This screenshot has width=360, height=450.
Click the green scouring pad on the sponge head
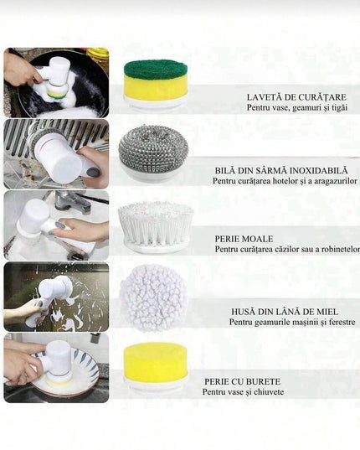pos(156,70)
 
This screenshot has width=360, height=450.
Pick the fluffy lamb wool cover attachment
pos(154,297)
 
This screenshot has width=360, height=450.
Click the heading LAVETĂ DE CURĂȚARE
pos(296,97)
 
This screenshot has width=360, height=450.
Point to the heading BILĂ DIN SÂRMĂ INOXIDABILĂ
pos(281,170)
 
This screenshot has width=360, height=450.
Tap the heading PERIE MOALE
pos(244,239)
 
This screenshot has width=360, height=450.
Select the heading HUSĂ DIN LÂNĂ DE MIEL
pos(285,312)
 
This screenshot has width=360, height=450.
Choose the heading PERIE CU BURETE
pos(242,381)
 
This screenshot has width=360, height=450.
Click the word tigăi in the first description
pos(339,108)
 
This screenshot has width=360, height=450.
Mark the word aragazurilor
pos(336,181)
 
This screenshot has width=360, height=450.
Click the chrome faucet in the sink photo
pos(72,201)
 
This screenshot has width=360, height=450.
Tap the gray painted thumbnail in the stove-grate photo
pos(93,172)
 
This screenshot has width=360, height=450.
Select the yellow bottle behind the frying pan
pos(97,57)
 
